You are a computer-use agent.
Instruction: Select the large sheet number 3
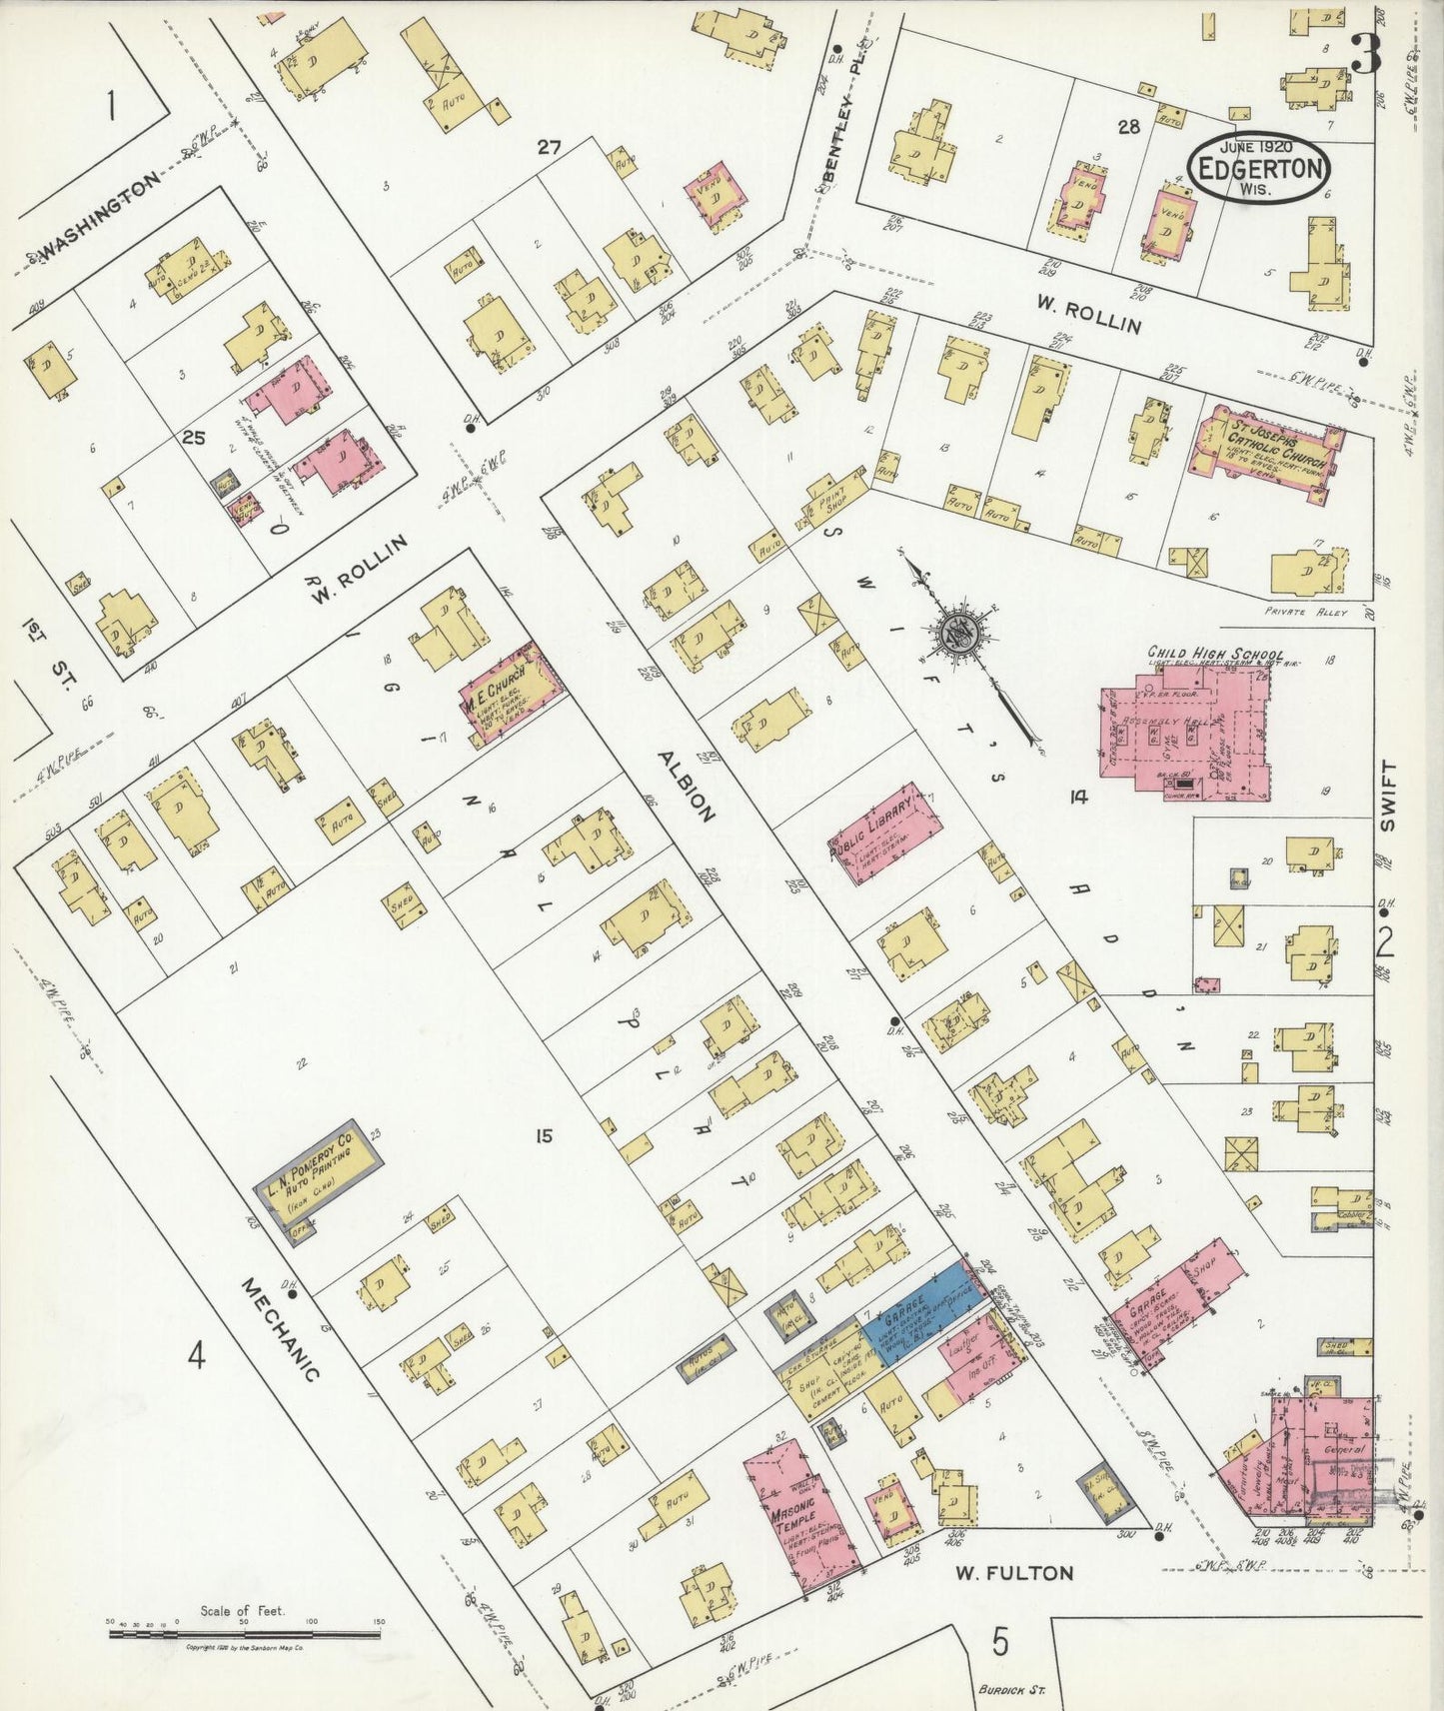click(1365, 55)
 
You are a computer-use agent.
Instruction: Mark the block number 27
click(549, 147)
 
